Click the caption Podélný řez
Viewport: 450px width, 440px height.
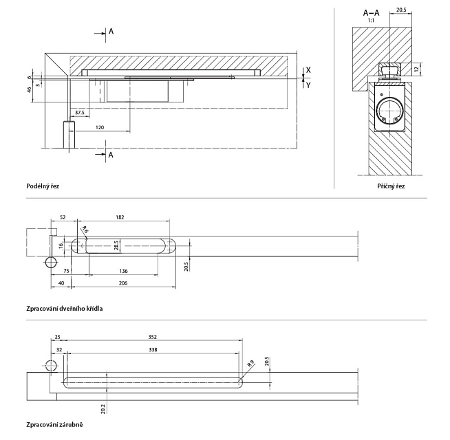(x=43, y=186)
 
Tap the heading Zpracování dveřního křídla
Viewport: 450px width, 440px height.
(x=64, y=309)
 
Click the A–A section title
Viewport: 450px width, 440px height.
(x=372, y=12)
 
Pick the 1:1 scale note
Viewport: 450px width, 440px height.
(x=371, y=21)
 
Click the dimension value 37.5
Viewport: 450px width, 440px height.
(x=80, y=112)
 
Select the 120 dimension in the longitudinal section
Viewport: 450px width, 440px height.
(x=100, y=128)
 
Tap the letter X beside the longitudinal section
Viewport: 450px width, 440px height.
(x=308, y=70)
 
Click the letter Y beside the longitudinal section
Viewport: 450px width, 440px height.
(x=308, y=85)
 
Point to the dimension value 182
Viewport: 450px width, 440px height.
(x=120, y=217)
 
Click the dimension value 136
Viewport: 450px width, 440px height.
(x=122, y=272)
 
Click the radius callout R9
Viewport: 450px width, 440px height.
(x=250, y=364)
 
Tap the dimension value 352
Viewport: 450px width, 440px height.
(x=153, y=337)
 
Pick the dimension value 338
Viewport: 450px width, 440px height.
(x=153, y=349)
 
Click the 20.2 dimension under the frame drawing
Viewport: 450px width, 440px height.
(x=103, y=408)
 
